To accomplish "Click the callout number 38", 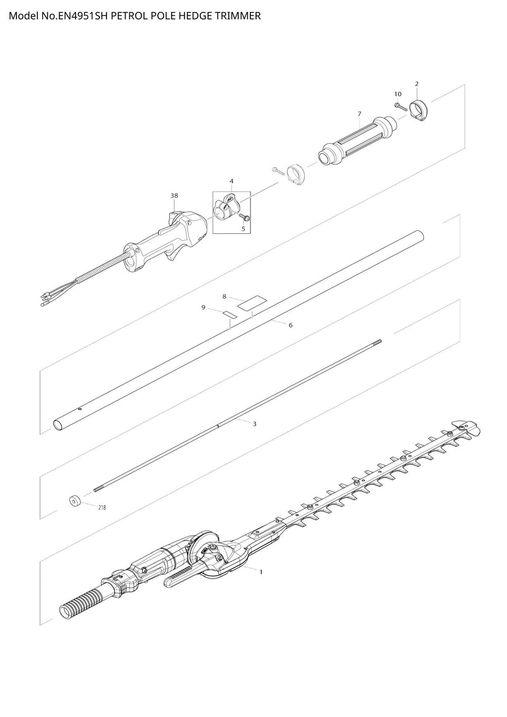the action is (174, 196).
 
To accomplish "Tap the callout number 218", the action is (102, 507).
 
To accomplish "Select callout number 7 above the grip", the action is (360, 113).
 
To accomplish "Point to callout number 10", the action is (398, 94).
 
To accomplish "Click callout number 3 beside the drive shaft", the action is (255, 424).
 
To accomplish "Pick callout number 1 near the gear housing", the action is (261, 572).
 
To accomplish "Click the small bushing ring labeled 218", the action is (75, 501).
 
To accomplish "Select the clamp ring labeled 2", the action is (419, 111).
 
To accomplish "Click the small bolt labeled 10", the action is (401, 107).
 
